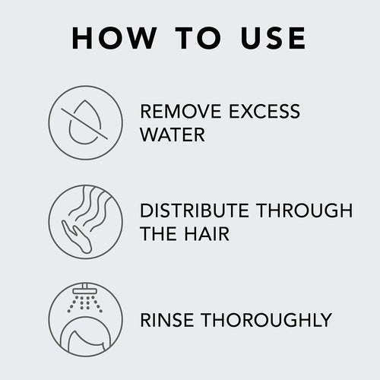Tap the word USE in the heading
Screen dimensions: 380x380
pyautogui.click(x=270, y=38)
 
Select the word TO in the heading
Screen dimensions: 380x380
pyautogui.click(x=193, y=38)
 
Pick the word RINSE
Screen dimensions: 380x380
pyautogui.click(x=169, y=320)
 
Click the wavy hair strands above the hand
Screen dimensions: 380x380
pyautogui.click(x=91, y=209)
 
